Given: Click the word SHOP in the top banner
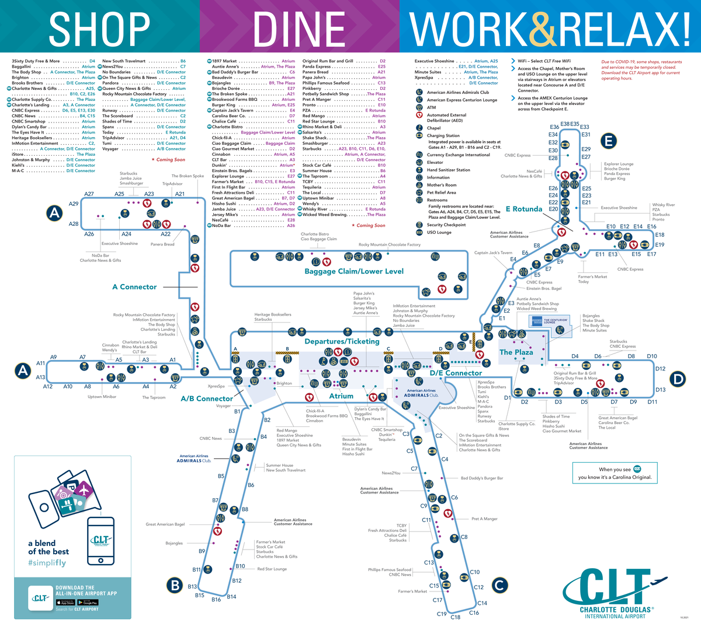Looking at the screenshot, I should tap(100, 28).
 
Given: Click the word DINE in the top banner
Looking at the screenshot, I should tap(299, 28).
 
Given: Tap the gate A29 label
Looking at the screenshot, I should tap(74, 204).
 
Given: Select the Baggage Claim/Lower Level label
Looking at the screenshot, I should tap(354, 271).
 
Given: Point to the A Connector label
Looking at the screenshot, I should tap(134, 287).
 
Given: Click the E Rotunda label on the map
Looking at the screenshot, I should tap(524, 209).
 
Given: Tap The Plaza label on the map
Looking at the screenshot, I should tap(516, 352).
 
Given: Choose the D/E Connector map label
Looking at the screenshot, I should tap(456, 373).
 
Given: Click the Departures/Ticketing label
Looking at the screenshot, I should tap(342, 341).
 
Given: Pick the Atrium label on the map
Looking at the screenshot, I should tap(341, 396).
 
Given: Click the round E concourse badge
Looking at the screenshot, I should tap(609, 141).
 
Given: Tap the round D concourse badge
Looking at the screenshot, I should tap(678, 380).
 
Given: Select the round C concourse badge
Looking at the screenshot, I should tap(499, 584).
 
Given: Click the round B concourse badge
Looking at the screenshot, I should tap(174, 584).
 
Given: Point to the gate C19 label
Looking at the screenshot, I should tap(442, 614).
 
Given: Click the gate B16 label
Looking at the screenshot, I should tap(216, 599).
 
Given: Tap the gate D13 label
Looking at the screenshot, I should tap(660, 390).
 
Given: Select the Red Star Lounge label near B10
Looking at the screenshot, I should tap(272, 569).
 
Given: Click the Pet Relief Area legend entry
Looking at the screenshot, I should tap(441, 192).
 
